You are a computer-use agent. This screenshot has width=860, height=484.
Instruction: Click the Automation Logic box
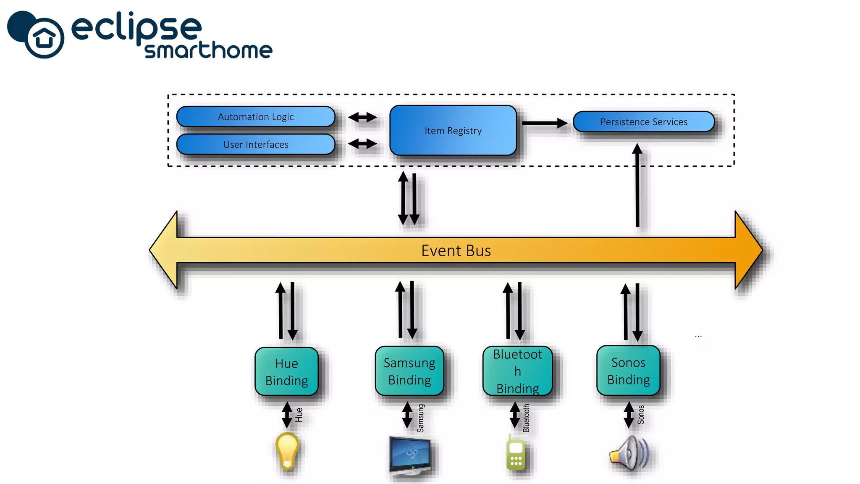256,117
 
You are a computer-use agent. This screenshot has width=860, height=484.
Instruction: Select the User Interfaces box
256,145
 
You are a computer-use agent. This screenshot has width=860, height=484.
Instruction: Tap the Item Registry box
453,131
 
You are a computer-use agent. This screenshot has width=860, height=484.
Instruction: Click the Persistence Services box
643,122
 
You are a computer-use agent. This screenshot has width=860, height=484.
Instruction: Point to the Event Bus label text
456,251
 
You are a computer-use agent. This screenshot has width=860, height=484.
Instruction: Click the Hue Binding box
286,372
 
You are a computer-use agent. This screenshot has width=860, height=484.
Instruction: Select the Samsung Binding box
409,371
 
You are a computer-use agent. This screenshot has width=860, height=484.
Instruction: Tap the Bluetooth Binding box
517,371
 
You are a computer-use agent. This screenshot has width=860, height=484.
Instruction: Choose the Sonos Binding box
628,371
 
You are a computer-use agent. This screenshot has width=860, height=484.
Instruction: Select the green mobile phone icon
516,454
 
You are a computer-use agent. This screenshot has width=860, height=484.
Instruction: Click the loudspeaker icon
629,453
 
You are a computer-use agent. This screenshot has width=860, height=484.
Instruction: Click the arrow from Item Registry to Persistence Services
544,123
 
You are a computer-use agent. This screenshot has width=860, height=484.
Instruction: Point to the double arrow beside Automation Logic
362,117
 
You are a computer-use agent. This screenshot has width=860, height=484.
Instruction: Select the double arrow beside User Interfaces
362,144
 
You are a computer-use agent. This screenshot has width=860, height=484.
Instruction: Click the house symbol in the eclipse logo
45,38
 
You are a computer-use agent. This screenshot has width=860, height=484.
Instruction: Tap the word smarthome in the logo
208,50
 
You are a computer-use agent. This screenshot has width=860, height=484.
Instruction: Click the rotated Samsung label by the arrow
421,418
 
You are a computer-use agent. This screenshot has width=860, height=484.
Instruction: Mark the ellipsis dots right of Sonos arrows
698,336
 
